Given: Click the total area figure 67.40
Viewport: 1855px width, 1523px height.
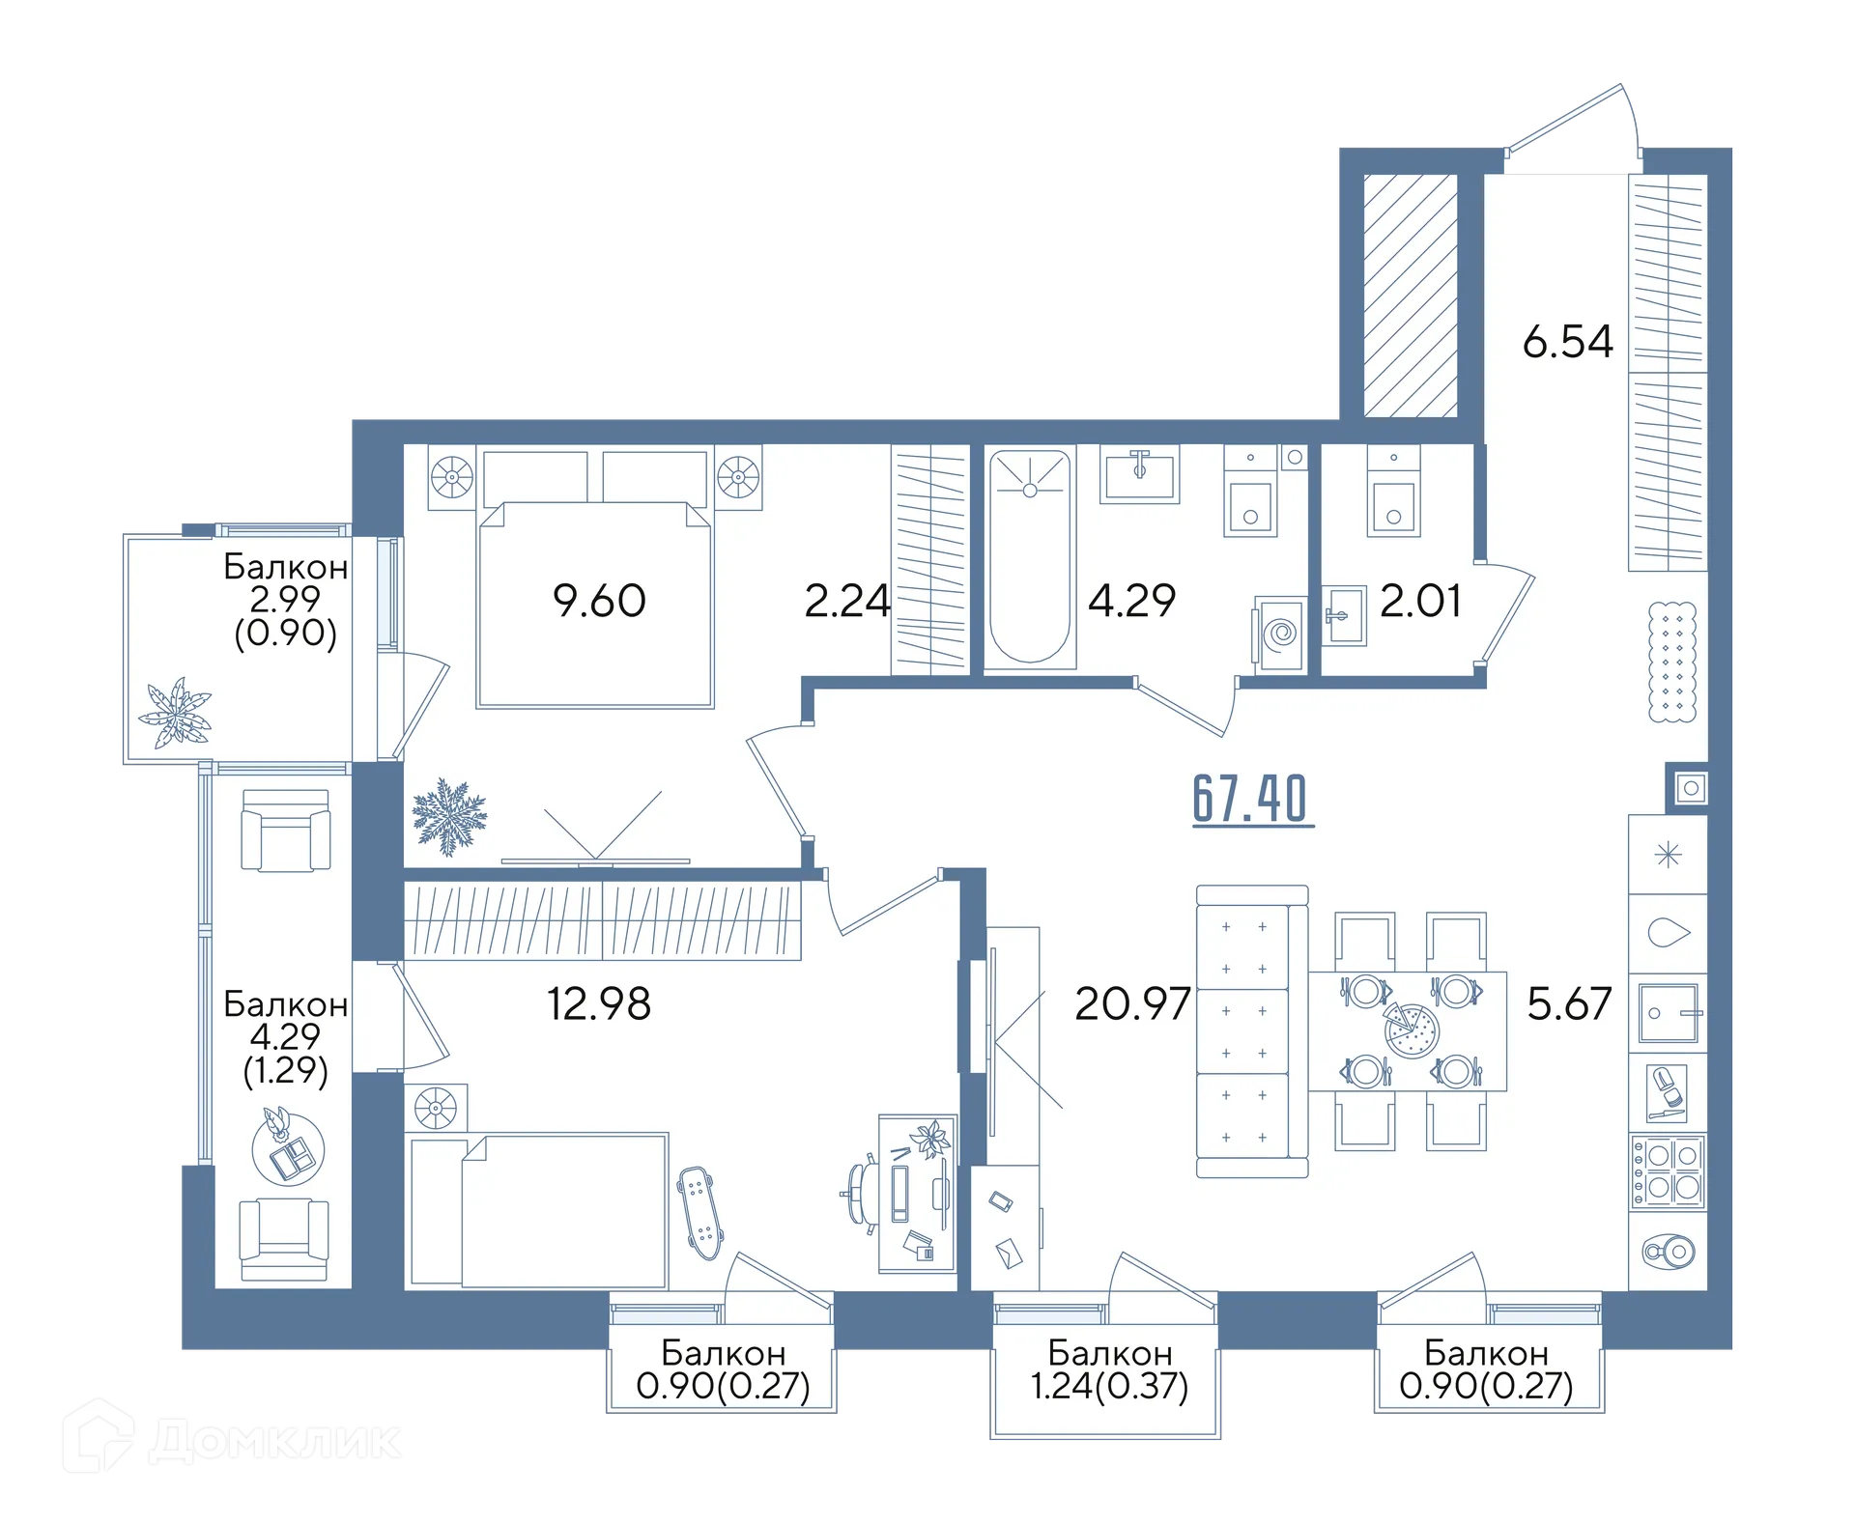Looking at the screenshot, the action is (x=1252, y=799).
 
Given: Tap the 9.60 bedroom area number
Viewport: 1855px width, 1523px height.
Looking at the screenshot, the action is (x=599, y=601).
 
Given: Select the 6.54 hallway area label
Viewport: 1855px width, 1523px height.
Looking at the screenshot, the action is (x=1567, y=342).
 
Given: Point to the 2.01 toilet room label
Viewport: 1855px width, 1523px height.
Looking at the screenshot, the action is (x=1419, y=601).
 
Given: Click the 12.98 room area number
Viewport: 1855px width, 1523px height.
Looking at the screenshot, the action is (x=599, y=1004).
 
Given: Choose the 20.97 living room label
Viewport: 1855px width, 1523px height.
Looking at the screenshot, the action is (x=1132, y=1004).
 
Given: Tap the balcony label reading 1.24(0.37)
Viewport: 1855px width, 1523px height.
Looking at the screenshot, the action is (x=1109, y=1387).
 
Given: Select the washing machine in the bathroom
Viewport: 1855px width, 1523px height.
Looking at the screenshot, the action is (x=1280, y=634).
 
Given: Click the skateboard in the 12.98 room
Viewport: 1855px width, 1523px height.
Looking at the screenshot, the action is (x=699, y=1212).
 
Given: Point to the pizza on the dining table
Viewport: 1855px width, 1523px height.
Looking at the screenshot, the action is (x=1412, y=1030).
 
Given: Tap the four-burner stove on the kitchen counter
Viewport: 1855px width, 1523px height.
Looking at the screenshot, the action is (x=1668, y=1171).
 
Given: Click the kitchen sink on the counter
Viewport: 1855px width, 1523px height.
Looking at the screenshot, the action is (x=1669, y=1013).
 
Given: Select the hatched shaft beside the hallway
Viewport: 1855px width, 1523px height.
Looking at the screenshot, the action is (x=1410, y=296).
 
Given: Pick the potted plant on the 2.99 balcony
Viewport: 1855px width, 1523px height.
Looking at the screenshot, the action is (x=176, y=714).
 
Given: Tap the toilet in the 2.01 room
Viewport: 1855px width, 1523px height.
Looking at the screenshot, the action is (x=1393, y=491).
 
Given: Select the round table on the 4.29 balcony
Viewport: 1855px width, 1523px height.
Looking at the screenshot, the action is (x=288, y=1149).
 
